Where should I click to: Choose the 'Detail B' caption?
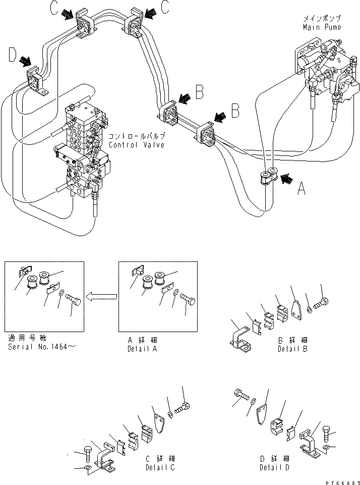(x=292, y=348)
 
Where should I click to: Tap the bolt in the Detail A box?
(x=188, y=298)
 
